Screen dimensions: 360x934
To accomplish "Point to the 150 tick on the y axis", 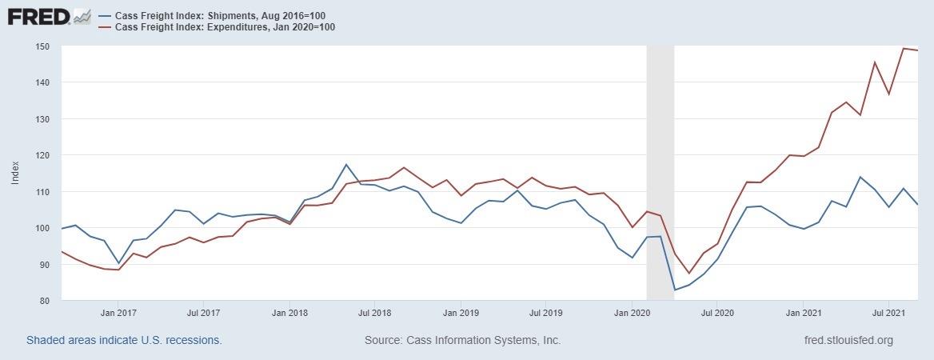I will [x=42, y=46].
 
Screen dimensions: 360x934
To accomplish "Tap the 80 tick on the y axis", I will [x=45, y=301].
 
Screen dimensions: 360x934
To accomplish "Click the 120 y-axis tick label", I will [x=42, y=155].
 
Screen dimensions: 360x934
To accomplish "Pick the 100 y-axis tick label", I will [x=42, y=228].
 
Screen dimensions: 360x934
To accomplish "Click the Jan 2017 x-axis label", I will [x=118, y=314].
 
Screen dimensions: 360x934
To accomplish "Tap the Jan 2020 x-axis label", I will [x=633, y=314].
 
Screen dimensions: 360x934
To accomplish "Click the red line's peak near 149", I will [x=904, y=49].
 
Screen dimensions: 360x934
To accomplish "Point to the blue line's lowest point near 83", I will [x=675, y=290].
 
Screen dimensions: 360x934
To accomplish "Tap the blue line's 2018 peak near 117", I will [x=346, y=165].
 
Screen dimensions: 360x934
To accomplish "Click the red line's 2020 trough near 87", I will [x=689, y=274].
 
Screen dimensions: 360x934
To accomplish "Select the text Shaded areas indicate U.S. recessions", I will [x=124, y=340].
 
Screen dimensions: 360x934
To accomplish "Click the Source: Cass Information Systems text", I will [x=462, y=340].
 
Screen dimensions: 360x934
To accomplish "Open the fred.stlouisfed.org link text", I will [x=848, y=340].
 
